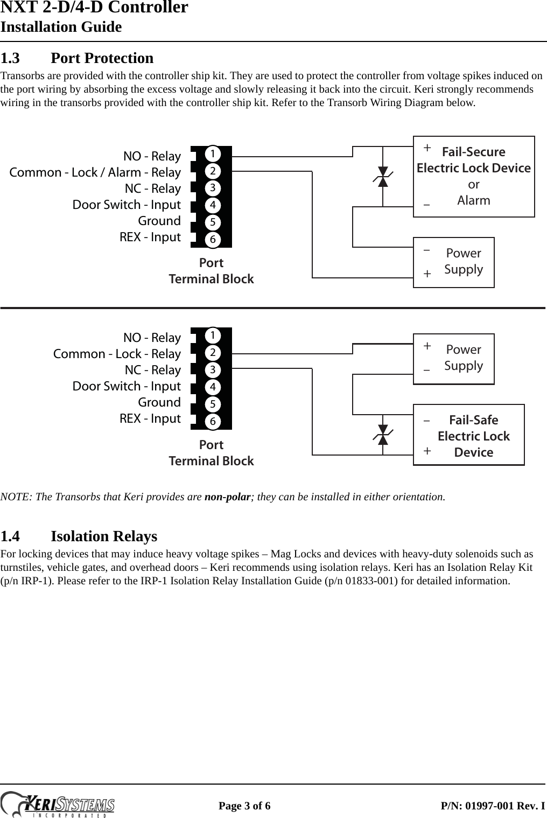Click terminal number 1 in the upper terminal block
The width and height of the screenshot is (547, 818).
point(213,154)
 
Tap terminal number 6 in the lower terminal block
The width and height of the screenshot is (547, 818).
point(213,421)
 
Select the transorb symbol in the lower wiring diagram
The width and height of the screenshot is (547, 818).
point(383,435)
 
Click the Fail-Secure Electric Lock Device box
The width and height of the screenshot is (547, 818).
point(474,176)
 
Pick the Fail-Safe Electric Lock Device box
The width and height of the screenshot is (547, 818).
point(468,435)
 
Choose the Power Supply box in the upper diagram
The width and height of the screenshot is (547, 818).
point(453,262)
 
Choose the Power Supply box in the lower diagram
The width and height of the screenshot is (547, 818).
point(453,358)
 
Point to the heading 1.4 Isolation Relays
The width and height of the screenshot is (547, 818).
point(79,536)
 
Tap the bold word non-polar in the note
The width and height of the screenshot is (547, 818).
point(228,497)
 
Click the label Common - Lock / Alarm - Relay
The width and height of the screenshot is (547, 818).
point(95,172)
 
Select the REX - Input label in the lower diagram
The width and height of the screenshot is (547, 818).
point(150,418)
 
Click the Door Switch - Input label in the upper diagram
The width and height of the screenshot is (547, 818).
point(127,205)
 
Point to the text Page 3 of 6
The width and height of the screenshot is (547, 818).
point(244,806)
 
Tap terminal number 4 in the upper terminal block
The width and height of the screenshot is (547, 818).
point(213,205)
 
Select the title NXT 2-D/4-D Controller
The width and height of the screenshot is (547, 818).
point(94,8)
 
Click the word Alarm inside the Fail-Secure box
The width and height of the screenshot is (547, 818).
point(474,200)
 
